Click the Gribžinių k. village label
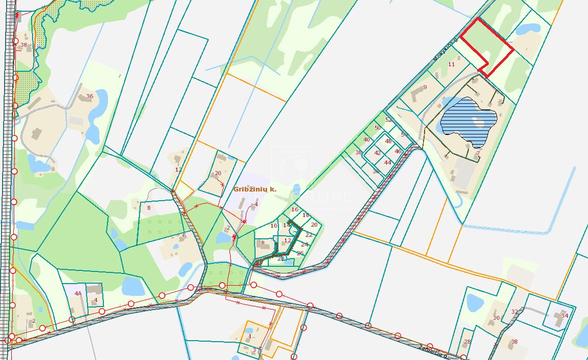click(255, 189)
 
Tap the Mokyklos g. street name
click(446, 49)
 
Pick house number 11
click(451, 64)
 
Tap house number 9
click(425, 87)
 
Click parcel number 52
click(388, 120)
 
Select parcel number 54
click(404, 134)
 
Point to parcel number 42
click(377, 152)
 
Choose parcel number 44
click(388, 162)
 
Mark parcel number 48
click(388, 141)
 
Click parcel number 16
click(294, 209)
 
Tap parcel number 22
click(309, 235)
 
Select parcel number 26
click(300, 253)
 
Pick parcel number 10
click(274, 226)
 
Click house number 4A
click(78, 293)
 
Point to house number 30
click(496, 318)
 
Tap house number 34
click(564, 315)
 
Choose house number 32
click(515, 312)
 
